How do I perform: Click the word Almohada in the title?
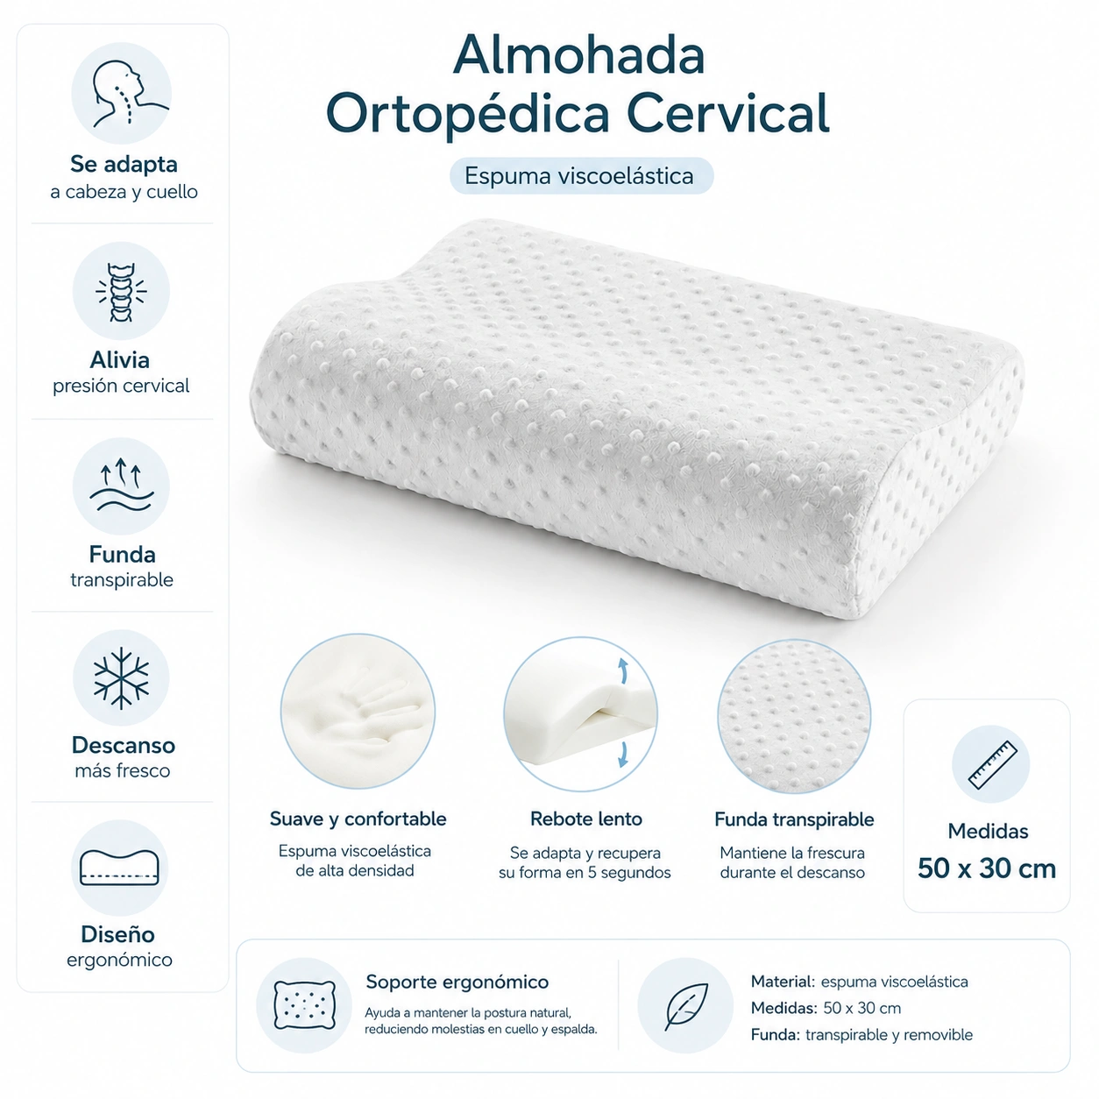578,55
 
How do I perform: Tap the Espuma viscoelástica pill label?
581,175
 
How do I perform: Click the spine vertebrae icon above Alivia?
121,292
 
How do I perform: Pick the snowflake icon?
121,678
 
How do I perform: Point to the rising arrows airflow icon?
121,485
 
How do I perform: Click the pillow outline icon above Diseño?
119,868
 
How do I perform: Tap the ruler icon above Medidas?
993,765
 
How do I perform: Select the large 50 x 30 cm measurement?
987,869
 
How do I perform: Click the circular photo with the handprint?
358,711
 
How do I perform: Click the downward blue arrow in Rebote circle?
623,755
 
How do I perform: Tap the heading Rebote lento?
585,819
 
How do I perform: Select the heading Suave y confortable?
358,819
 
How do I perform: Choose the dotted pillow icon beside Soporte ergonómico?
304,1005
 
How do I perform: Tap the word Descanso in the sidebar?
124,745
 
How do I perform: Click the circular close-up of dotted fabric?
794,716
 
